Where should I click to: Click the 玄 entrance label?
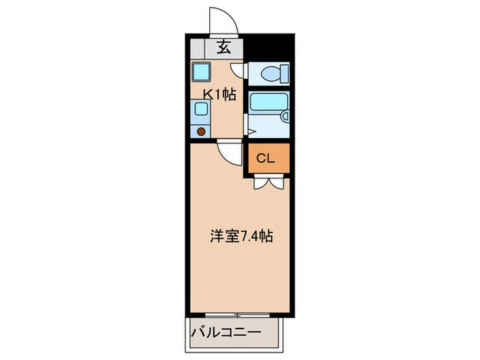point(224,47)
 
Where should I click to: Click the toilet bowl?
point(275,71)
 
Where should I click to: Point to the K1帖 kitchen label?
point(219,95)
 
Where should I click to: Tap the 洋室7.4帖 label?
point(241,237)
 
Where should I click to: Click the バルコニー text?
point(226,333)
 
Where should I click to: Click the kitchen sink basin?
point(200,108)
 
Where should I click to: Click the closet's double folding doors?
point(267,182)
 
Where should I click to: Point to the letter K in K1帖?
point(205,95)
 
